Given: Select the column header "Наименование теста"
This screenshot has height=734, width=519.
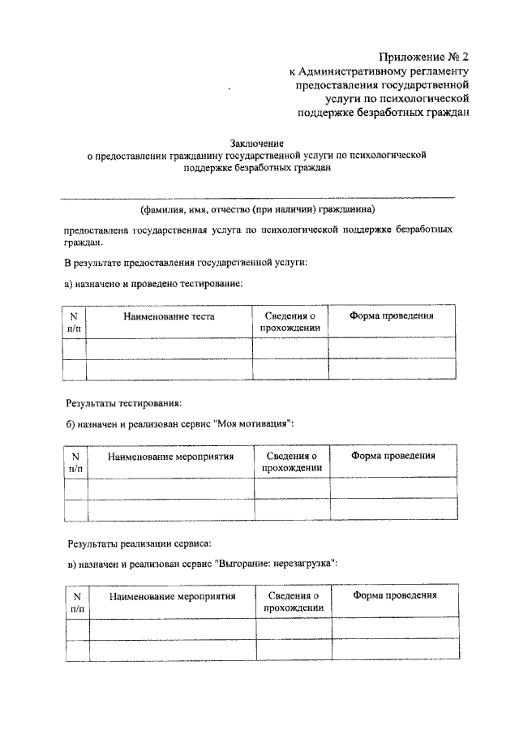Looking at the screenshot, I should coord(169,316).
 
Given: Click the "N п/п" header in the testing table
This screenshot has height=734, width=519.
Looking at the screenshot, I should coord(74,322).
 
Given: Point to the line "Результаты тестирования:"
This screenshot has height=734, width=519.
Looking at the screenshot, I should coord(123,402).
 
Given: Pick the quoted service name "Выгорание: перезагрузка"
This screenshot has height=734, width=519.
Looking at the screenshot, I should coord(277,562).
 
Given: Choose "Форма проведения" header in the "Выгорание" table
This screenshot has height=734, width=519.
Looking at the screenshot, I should coord(395,595).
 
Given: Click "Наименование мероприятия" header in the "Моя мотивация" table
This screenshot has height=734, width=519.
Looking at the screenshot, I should coord(170,457).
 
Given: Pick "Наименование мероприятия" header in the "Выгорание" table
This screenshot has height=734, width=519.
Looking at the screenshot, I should coord(172,596).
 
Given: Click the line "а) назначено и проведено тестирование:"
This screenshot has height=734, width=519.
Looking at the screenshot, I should coord(153,284).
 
